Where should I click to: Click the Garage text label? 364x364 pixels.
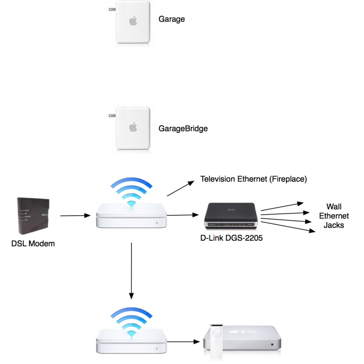[172, 20]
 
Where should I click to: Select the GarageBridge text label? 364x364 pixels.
[183, 129]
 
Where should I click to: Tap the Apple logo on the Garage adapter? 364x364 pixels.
[133, 21]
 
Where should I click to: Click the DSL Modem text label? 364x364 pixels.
[33, 243]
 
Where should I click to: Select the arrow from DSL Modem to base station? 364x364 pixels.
[75, 216]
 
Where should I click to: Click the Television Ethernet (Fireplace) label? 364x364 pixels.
[254, 179]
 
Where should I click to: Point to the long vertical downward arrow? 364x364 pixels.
[131, 271]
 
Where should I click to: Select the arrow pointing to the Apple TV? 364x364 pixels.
[184, 340]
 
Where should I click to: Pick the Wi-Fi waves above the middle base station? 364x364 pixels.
[131, 191]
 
